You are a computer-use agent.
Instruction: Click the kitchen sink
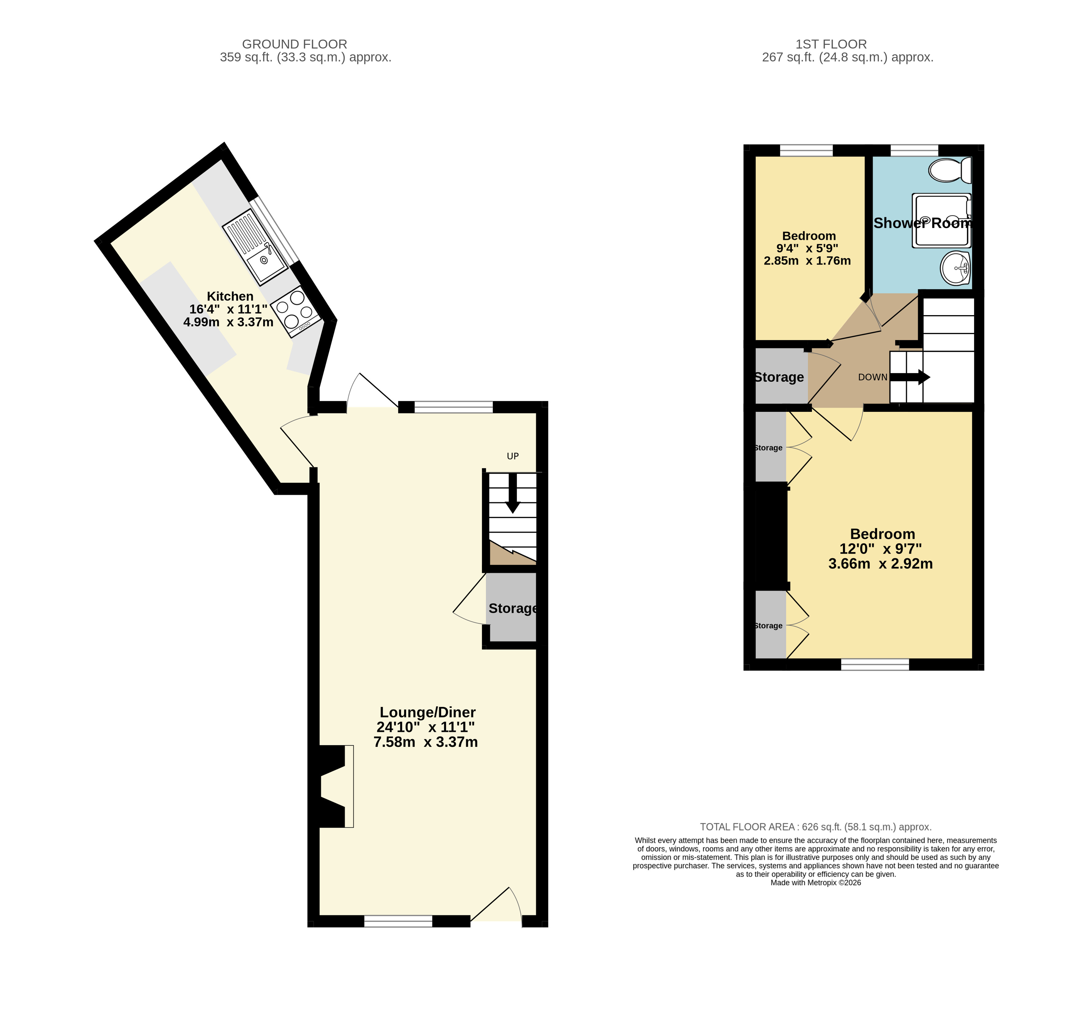[x=255, y=247]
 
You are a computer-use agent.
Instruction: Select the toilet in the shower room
[x=950, y=170]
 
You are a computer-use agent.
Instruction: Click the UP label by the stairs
[x=513, y=456]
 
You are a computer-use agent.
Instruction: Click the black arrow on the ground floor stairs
[x=513, y=493]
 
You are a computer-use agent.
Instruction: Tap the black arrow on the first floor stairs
[x=910, y=377]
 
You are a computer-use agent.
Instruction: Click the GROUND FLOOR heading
[x=295, y=44]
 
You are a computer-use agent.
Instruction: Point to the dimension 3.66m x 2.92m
[x=880, y=564]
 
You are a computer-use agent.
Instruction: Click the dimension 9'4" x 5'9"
[x=807, y=248]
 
